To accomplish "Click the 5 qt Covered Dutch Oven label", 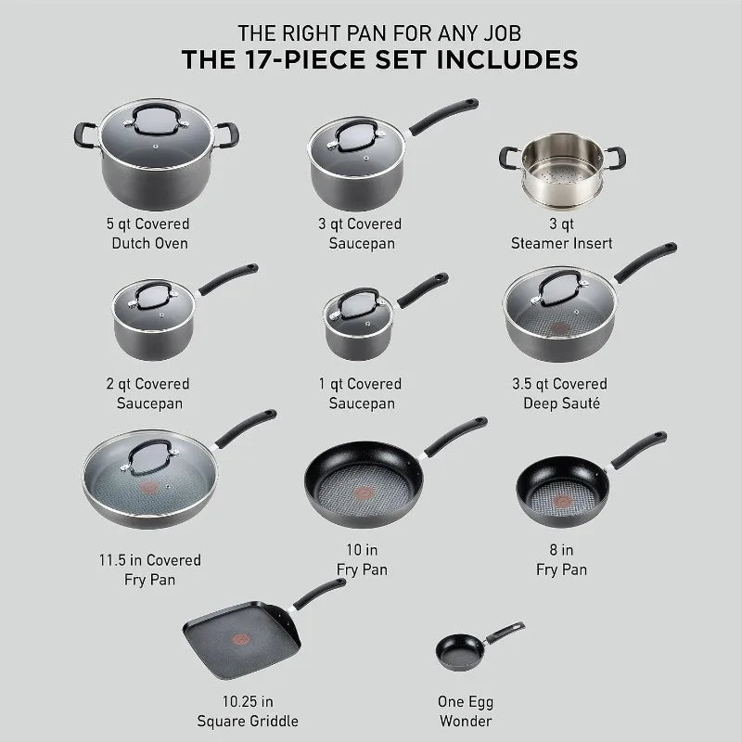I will point(148,234).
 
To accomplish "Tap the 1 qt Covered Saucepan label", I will point(362,394).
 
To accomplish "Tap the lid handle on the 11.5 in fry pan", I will point(148,455).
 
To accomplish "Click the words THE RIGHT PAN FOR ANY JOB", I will point(371,31).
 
